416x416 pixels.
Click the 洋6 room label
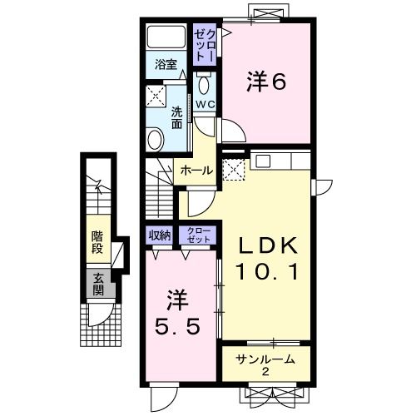(265, 82)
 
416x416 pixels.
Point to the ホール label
(197, 171)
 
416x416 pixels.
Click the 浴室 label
(165, 64)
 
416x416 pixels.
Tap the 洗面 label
(177, 117)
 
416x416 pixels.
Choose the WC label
(205, 103)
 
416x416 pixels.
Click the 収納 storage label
(159, 235)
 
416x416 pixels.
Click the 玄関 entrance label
(98, 285)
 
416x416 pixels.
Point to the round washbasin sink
(156, 138)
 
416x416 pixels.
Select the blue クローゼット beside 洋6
(205, 43)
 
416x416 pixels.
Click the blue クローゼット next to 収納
(198, 235)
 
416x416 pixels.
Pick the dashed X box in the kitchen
(235, 170)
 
